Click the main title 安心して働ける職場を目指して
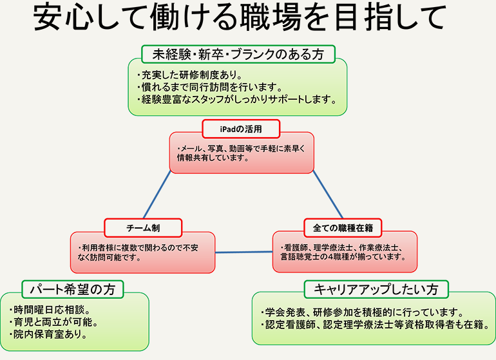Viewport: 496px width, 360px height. click(240, 17)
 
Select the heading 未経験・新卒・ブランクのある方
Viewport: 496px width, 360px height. click(238, 54)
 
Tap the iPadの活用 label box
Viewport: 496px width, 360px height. click(241, 129)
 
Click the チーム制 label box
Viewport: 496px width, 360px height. click(143, 228)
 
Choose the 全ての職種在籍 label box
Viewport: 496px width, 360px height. click(343, 228)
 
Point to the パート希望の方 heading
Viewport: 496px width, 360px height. click(72, 289)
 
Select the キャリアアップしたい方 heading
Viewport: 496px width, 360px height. click(376, 289)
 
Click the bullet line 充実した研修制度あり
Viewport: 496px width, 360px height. click(189, 75)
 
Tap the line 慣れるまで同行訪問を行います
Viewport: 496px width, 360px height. click(209, 87)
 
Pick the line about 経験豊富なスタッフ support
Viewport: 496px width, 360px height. click(237, 99)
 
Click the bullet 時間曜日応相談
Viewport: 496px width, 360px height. click(50, 310)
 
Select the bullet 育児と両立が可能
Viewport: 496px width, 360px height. click(53, 322)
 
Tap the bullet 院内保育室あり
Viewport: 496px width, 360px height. click(48, 334)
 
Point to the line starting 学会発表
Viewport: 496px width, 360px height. click(362, 312)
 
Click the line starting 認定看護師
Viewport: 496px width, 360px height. click(376, 325)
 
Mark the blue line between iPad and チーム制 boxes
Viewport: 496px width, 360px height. click(157, 194)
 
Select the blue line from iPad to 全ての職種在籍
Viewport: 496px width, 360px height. click(328, 194)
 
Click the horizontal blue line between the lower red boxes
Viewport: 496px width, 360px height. click(244, 252)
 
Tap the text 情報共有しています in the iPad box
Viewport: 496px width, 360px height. click(213, 158)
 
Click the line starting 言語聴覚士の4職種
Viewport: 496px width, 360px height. click(343, 256)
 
